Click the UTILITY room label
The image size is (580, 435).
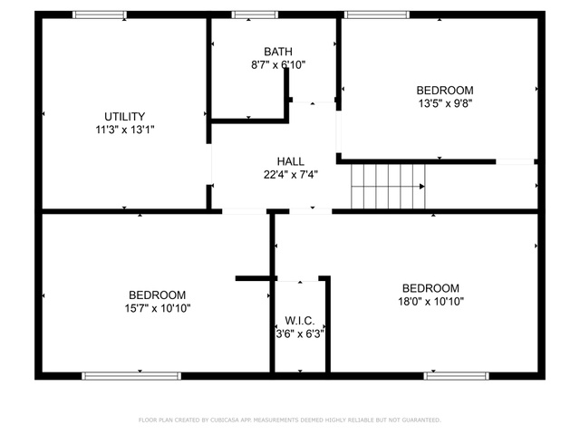(x=125, y=117)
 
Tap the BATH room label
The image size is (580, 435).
(x=278, y=52)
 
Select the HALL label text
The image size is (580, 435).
(x=291, y=161)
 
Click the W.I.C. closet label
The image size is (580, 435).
(x=300, y=321)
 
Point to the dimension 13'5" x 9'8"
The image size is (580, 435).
(x=445, y=103)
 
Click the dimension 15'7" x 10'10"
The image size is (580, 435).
(x=158, y=308)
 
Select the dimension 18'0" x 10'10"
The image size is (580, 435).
(x=431, y=302)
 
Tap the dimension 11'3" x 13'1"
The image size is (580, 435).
(x=125, y=130)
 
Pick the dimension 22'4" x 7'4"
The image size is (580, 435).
(x=291, y=175)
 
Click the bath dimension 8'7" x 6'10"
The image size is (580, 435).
(x=278, y=65)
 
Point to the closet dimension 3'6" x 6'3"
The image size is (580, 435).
(x=300, y=334)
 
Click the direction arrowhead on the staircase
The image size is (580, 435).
(x=422, y=187)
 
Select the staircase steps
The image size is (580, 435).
(x=388, y=187)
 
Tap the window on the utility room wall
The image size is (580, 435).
(x=100, y=14)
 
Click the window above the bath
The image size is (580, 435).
(x=255, y=14)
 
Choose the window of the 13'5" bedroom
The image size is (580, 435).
(x=377, y=14)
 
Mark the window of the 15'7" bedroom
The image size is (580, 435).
(x=131, y=376)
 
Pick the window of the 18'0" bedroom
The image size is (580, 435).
(x=457, y=376)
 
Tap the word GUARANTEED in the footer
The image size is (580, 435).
(x=421, y=420)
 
